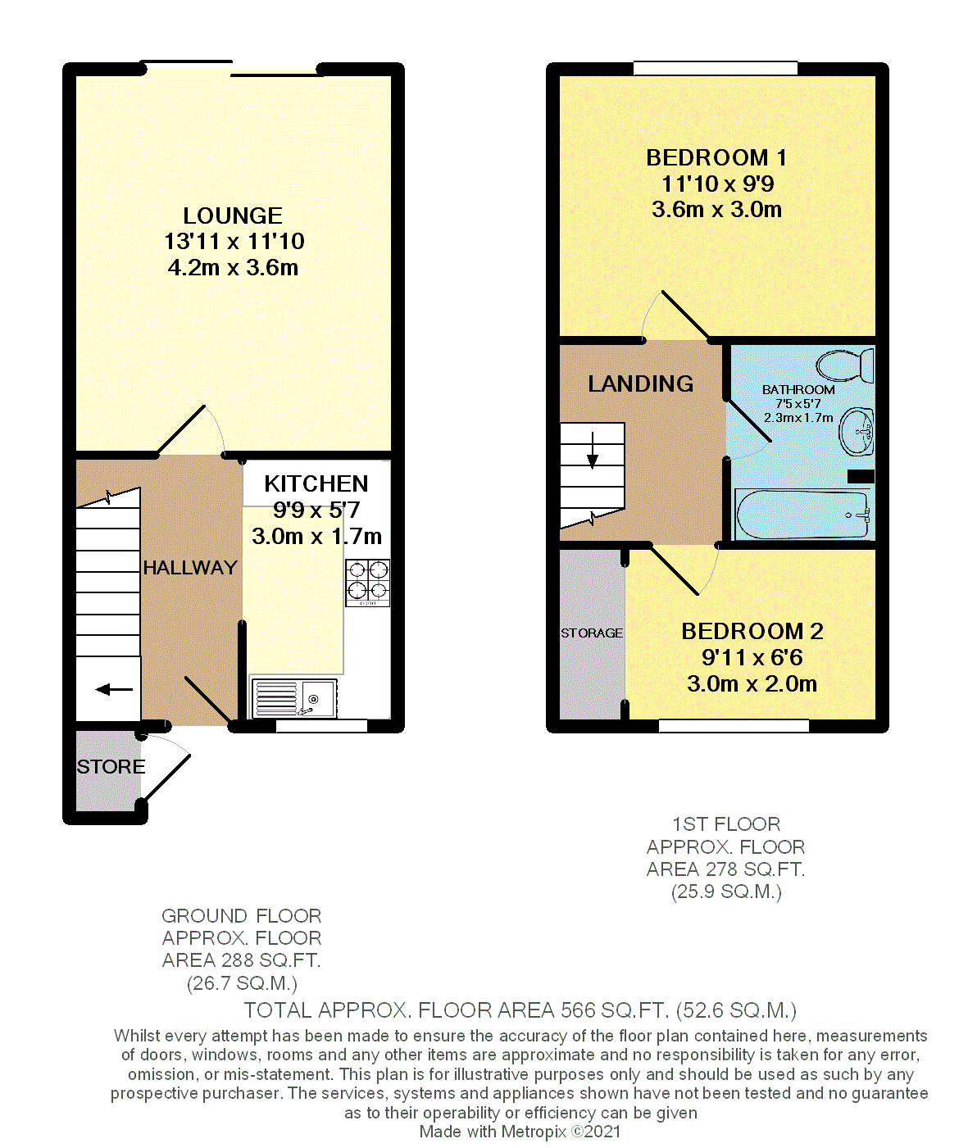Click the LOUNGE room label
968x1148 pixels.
[x=233, y=216]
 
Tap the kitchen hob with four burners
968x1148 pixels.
[x=367, y=581]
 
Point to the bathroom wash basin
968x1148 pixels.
[x=857, y=431]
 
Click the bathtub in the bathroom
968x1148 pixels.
[x=802, y=515]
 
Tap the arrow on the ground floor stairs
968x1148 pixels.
[x=114, y=690]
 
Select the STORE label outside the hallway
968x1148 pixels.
[x=111, y=767]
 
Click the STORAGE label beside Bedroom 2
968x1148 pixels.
[x=592, y=633]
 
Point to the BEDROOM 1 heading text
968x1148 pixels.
[x=716, y=157]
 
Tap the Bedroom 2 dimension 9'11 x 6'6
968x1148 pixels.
[x=752, y=657]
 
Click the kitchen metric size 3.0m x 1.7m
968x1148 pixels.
[x=316, y=537]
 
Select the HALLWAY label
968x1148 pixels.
[x=190, y=567]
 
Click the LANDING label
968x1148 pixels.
[x=641, y=383]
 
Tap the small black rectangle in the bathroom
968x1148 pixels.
[x=861, y=476]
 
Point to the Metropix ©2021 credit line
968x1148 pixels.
[x=520, y=1132]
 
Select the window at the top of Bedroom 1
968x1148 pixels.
[x=715, y=69]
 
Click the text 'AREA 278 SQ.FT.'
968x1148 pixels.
[x=725, y=869]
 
